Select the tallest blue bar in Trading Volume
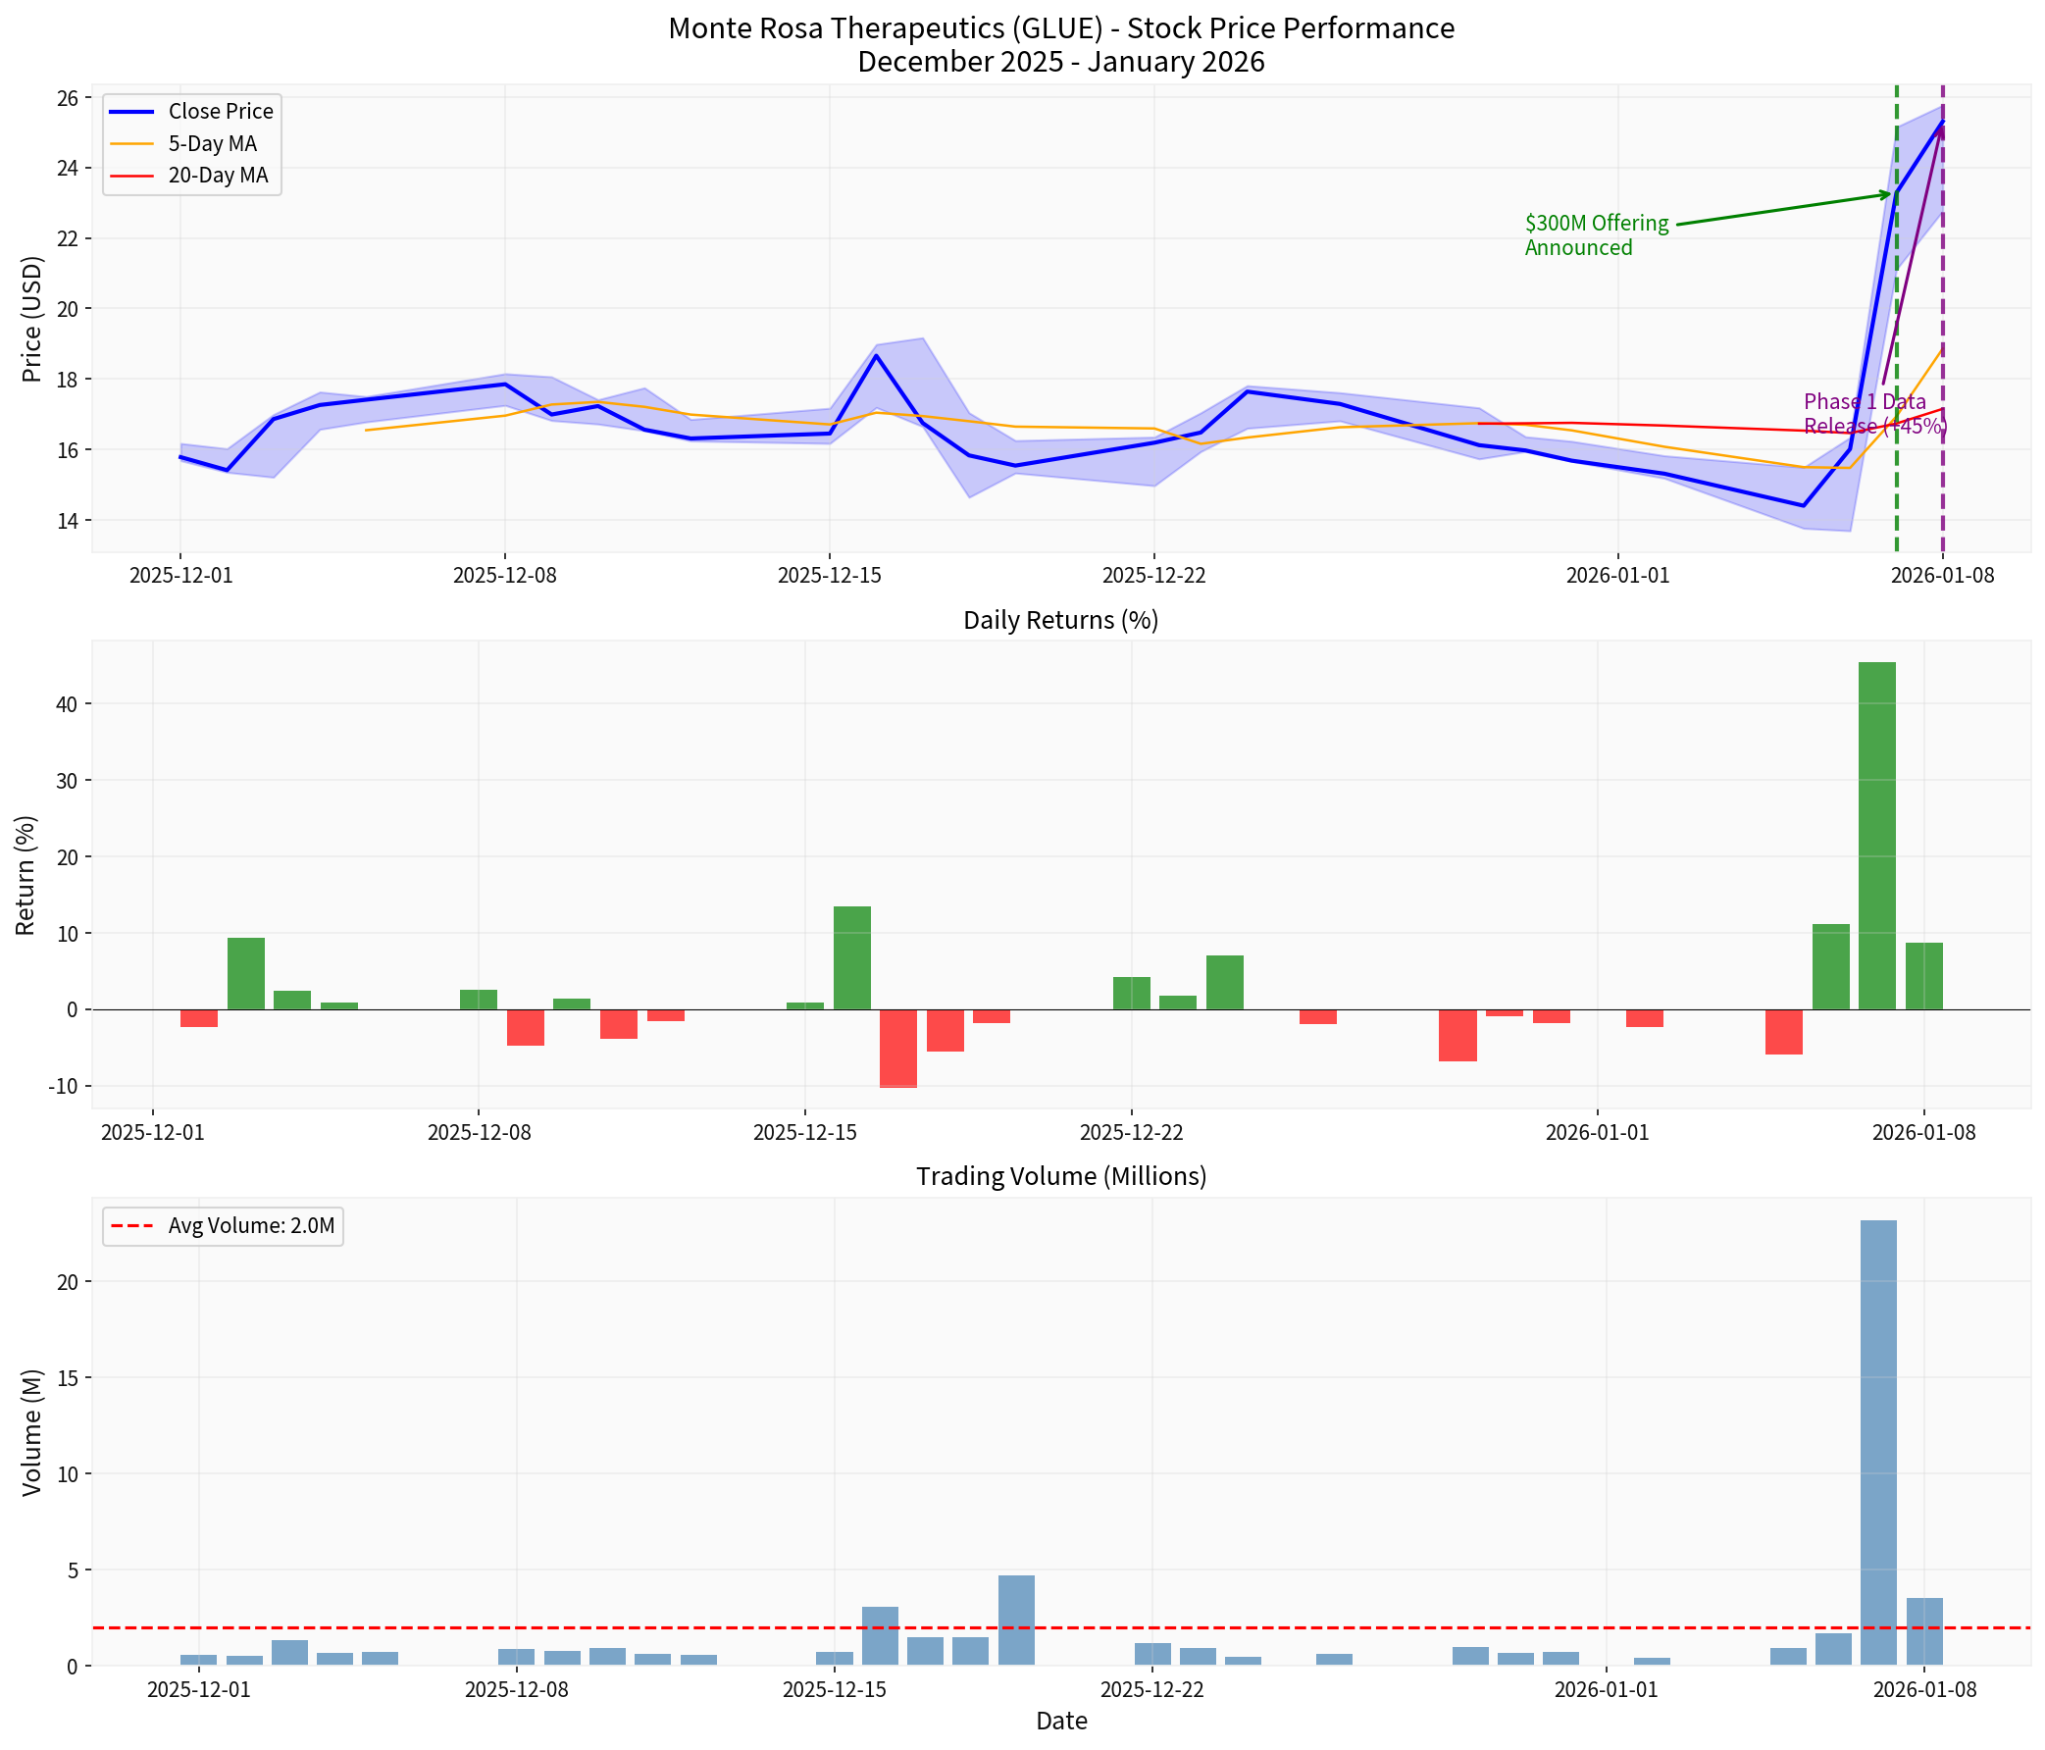coord(1877,1442)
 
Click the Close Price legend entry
coord(219,112)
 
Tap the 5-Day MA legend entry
coord(211,144)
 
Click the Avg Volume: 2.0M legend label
coord(251,1227)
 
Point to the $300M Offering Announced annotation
coord(1595,235)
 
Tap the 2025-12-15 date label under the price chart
coord(828,576)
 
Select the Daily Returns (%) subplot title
coord(1060,620)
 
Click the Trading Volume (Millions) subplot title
coord(1060,1176)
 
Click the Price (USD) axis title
coord(31,318)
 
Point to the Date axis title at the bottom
coord(1060,1722)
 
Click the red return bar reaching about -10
coord(897,1048)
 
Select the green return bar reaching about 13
coord(851,957)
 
